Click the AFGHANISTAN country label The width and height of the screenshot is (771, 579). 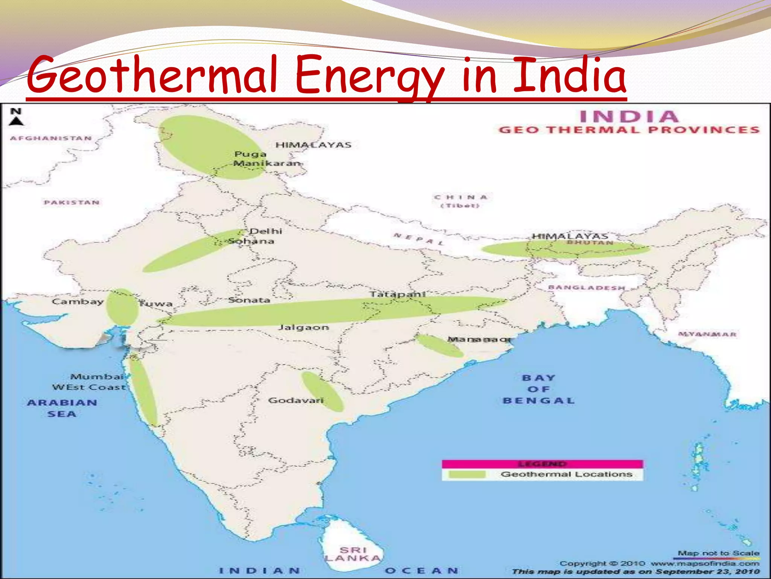tap(51, 138)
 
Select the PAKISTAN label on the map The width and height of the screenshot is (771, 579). tap(72, 203)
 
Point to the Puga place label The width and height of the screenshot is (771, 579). tap(250, 154)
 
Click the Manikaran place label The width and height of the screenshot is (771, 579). tap(267, 164)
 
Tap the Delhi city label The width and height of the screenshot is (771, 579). tap(266, 231)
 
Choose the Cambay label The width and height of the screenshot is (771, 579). tap(78, 302)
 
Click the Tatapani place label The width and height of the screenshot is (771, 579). tap(398, 294)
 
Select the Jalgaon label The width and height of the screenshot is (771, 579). tap(303, 327)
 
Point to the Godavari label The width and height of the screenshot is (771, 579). tap(296, 400)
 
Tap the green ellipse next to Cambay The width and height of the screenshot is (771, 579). tap(122, 307)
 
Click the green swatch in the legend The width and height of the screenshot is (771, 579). tap(467, 474)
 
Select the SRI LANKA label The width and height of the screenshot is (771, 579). tap(354, 554)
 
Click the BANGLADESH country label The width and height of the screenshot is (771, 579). tap(586, 288)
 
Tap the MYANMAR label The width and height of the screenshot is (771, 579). tap(707, 334)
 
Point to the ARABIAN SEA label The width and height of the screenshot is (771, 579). tap(62, 408)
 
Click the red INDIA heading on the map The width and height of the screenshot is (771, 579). tap(629, 116)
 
